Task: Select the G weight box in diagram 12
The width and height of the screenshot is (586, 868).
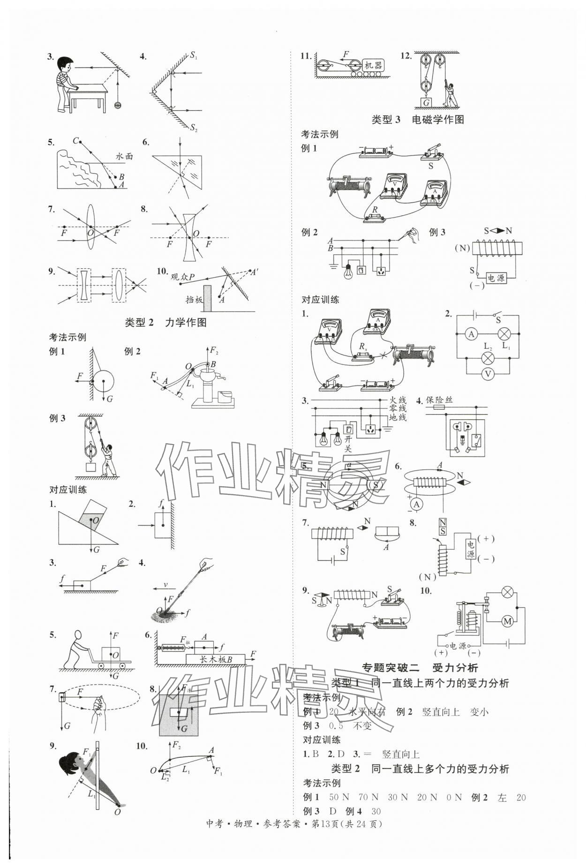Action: (426, 103)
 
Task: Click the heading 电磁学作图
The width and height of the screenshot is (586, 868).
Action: (437, 120)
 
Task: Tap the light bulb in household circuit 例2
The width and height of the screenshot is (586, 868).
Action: (348, 272)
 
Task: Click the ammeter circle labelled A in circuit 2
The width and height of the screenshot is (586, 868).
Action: (472, 334)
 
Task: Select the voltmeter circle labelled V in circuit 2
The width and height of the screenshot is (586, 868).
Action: (488, 374)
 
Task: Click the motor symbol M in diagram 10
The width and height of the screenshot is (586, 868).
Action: (506, 622)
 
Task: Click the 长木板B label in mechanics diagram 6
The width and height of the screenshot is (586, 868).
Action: (216, 659)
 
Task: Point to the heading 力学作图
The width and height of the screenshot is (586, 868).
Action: (186, 323)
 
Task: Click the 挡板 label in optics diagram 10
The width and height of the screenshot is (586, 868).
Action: (194, 300)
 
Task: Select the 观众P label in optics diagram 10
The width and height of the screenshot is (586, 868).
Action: (182, 277)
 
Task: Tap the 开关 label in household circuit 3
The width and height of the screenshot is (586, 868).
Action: (348, 444)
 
